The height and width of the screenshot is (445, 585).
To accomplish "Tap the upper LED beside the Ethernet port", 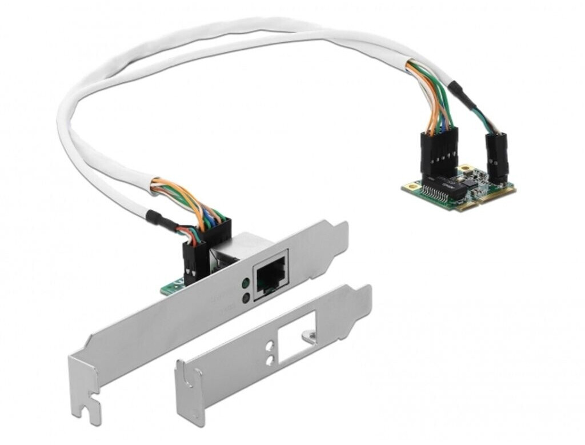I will [246, 283].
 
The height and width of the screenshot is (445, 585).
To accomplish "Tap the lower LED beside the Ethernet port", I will [246, 297].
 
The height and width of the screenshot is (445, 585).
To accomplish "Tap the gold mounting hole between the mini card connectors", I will [467, 170].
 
